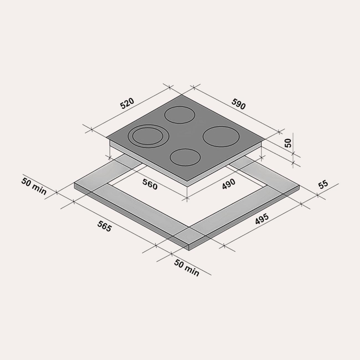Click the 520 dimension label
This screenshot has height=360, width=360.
127,103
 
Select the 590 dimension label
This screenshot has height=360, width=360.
238,104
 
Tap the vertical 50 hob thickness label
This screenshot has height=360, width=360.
289,143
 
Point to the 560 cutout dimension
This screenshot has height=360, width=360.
150,184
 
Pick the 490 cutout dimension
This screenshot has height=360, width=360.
229,184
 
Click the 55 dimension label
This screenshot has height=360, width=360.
323,184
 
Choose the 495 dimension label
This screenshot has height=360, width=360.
262,219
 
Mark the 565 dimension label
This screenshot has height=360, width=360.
104,226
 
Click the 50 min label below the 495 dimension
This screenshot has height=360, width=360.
186,268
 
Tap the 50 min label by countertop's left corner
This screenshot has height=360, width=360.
34,186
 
